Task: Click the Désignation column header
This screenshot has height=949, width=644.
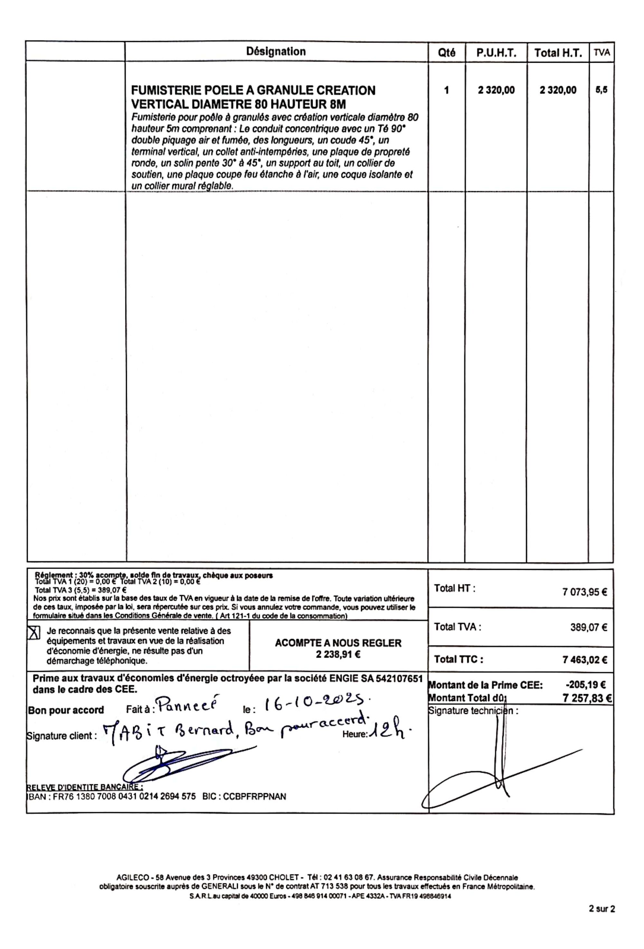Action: click(276, 51)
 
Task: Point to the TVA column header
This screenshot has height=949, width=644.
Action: click(601, 52)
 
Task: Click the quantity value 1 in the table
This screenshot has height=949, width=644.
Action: click(446, 90)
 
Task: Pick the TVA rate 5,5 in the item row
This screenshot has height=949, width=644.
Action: click(601, 90)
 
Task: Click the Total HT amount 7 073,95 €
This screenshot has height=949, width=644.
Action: click(585, 592)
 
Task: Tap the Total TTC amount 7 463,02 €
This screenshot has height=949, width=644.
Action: click(585, 660)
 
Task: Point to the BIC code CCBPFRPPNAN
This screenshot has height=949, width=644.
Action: click(254, 796)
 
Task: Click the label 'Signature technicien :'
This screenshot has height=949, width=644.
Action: click(473, 711)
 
